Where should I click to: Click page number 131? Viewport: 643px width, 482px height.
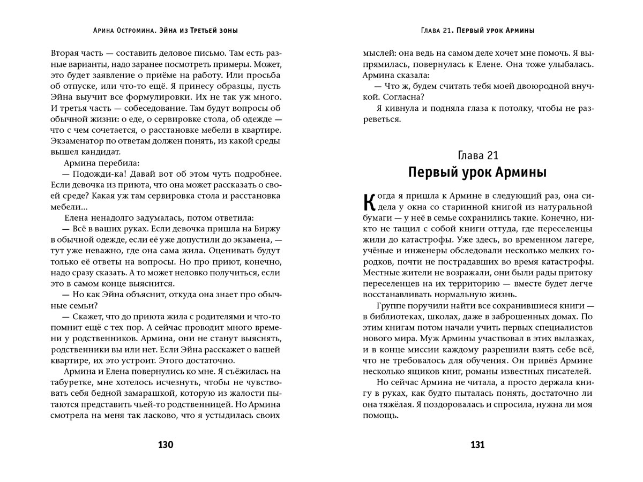477,445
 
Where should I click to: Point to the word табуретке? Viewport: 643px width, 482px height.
74,383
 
